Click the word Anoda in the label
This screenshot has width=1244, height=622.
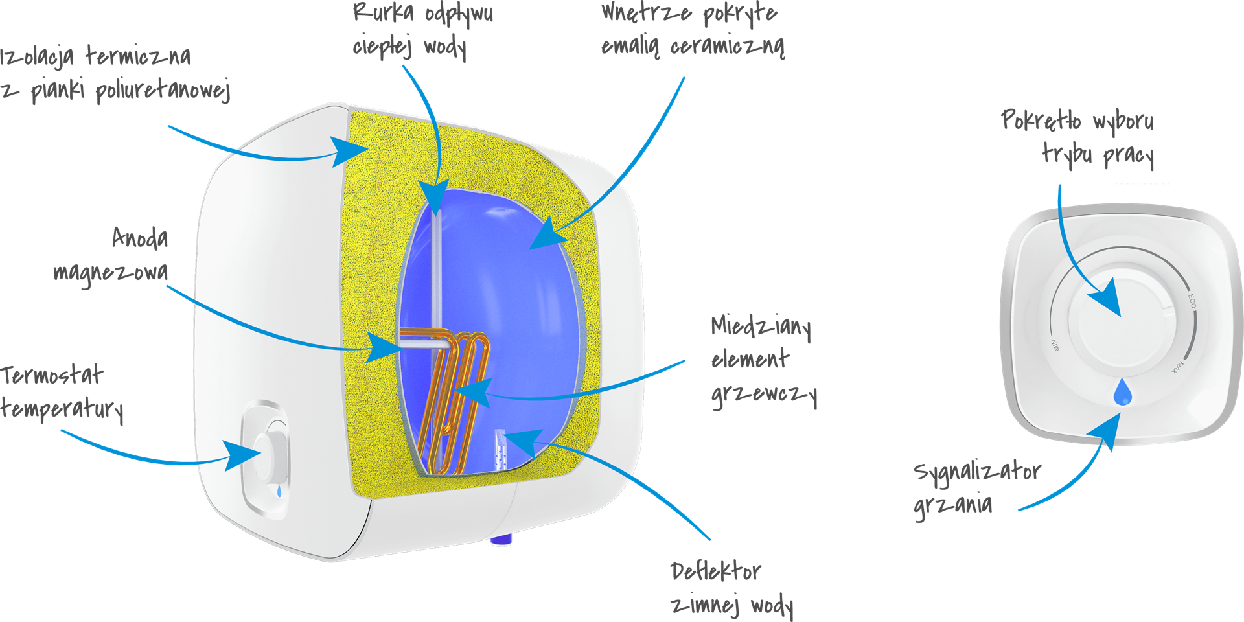140,238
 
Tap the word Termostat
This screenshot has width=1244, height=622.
52,375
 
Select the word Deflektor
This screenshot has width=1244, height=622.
716,571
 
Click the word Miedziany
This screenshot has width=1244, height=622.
761,327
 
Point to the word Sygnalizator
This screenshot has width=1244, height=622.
978,472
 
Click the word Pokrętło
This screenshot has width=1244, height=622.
1041,121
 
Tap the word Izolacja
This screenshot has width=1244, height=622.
37,57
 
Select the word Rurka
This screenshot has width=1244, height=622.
384,12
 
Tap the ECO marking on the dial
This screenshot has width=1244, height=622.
1192,301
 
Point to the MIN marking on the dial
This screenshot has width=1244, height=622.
1055,345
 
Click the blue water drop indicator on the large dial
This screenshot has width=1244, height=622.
1122,392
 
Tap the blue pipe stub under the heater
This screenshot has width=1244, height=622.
501,538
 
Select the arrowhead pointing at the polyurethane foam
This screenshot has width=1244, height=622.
350,151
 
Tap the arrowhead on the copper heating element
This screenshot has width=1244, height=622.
472,392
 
